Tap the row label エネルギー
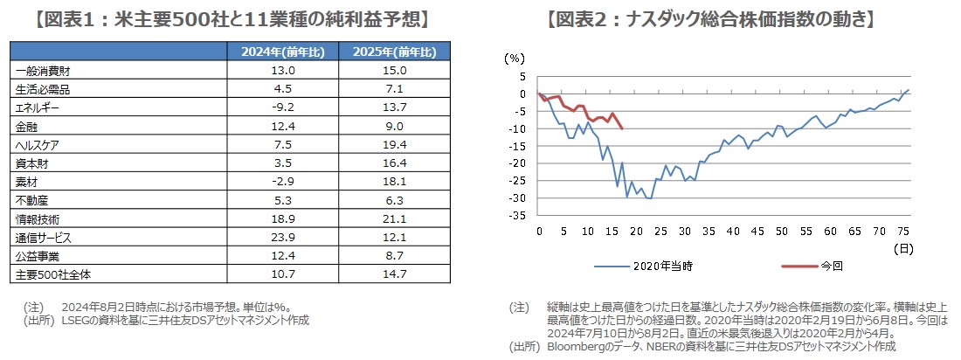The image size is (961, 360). pos(38,107)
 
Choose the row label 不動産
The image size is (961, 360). pos(31,200)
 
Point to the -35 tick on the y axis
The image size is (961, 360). pos(519,215)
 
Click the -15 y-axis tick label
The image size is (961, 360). pos(519,146)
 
